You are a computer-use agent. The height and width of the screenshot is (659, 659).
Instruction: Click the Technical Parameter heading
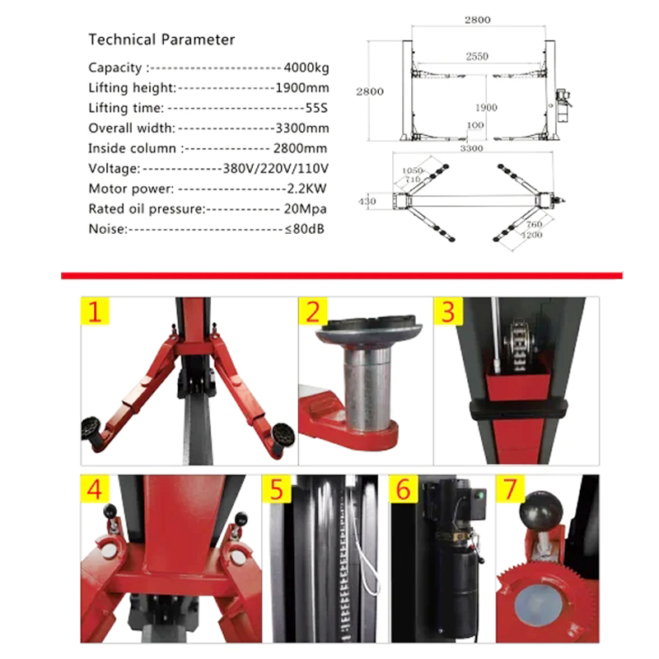coord(161,40)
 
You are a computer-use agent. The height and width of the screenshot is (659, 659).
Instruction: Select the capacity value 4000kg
coord(306,68)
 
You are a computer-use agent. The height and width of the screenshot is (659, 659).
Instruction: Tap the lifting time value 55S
coord(316,108)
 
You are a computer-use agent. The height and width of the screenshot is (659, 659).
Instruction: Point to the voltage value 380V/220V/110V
coord(275,169)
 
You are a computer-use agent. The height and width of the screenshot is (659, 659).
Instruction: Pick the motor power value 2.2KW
coord(306,189)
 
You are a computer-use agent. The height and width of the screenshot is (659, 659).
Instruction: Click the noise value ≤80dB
coord(304,229)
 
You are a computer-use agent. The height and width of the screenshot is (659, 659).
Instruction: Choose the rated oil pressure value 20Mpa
coord(305,209)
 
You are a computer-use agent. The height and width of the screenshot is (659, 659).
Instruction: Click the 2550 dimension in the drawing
coord(477,56)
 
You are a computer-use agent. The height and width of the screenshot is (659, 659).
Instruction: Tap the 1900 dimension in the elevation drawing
coord(486,108)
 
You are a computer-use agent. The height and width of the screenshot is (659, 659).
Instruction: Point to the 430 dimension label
coord(367,201)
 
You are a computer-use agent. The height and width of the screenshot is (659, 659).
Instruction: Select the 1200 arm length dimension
coord(531,235)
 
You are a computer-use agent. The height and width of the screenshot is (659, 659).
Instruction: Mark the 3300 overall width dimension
coord(471,148)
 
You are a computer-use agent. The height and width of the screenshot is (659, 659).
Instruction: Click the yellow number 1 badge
coord(95,311)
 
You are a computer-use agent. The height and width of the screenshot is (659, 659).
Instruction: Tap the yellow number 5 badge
coord(276,488)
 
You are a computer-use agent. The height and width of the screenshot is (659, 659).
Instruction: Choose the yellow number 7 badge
coord(510,488)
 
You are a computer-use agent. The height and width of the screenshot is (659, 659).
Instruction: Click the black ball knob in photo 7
coord(541,511)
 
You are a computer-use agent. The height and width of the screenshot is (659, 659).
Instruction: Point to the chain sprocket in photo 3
coord(521,344)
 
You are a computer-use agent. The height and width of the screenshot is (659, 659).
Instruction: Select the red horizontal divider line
coord(342,276)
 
